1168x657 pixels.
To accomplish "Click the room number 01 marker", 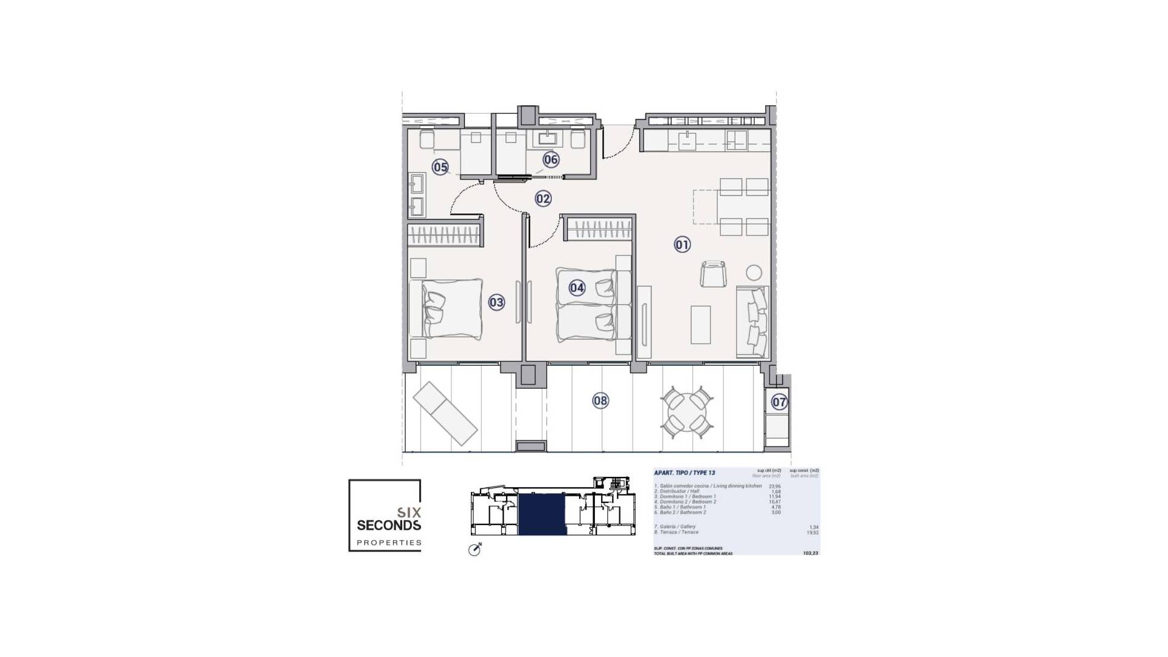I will tap(682, 245).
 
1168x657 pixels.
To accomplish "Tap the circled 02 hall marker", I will tap(543, 198).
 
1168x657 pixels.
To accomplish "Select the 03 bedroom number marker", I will tap(496, 302).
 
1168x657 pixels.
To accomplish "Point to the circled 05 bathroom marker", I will tap(440, 167).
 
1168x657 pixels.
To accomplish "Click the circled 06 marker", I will tap(551, 159).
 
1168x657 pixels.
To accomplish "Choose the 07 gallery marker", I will tap(779, 401).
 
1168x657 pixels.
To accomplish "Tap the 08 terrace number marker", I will tap(600, 400).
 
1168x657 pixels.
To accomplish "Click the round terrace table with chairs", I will tap(687, 412).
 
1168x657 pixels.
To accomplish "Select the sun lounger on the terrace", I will tap(445, 413).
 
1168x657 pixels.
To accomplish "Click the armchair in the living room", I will tap(713, 274).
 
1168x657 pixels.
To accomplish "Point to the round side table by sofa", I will tap(754, 273).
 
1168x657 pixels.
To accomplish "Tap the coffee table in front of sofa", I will tap(701, 324).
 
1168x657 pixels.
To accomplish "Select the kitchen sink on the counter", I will tap(687, 142).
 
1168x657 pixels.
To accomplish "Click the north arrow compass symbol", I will tap(474, 549).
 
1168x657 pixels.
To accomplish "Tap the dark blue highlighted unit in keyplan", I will tap(542, 515).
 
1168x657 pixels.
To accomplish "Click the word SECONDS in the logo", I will tap(389, 524).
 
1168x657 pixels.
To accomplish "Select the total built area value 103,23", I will tap(810, 553).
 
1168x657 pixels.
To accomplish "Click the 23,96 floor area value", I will tap(774, 486).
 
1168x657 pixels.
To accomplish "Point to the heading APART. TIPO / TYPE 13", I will tap(684, 473).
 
